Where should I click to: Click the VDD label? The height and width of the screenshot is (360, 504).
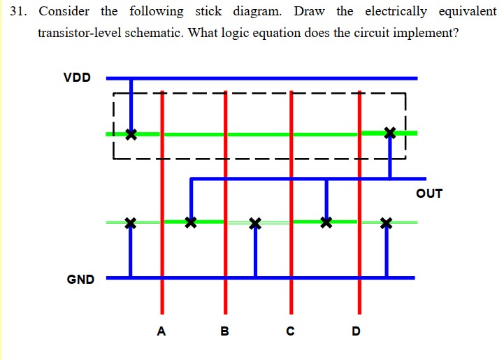pyautogui.click(x=77, y=78)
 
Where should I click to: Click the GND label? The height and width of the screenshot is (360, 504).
pyautogui.click(x=80, y=280)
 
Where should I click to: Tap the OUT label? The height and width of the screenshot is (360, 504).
pyautogui.click(x=429, y=194)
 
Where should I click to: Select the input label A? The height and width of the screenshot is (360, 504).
pyautogui.click(x=161, y=331)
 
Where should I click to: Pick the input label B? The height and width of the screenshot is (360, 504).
pyautogui.click(x=224, y=331)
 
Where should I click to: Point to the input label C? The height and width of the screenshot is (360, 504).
pyautogui.click(x=290, y=331)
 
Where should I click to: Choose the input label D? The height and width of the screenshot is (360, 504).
pyautogui.click(x=357, y=331)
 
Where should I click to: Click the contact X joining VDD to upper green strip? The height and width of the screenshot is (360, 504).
pyautogui.click(x=131, y=134)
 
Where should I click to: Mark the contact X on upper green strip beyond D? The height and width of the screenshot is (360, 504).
pyautogui.click(x=390, y=132)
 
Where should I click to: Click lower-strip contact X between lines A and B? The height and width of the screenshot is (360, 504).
pyautogui.click(x=190, y=223)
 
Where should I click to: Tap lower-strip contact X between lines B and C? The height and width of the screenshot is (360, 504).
pyautogui.click(x=255, y=223)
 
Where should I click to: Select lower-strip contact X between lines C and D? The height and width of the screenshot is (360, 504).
pyautogui.click(x=325, y=223)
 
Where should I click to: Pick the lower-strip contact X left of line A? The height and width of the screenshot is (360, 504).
pyautogui.click(x=129, y=223)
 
